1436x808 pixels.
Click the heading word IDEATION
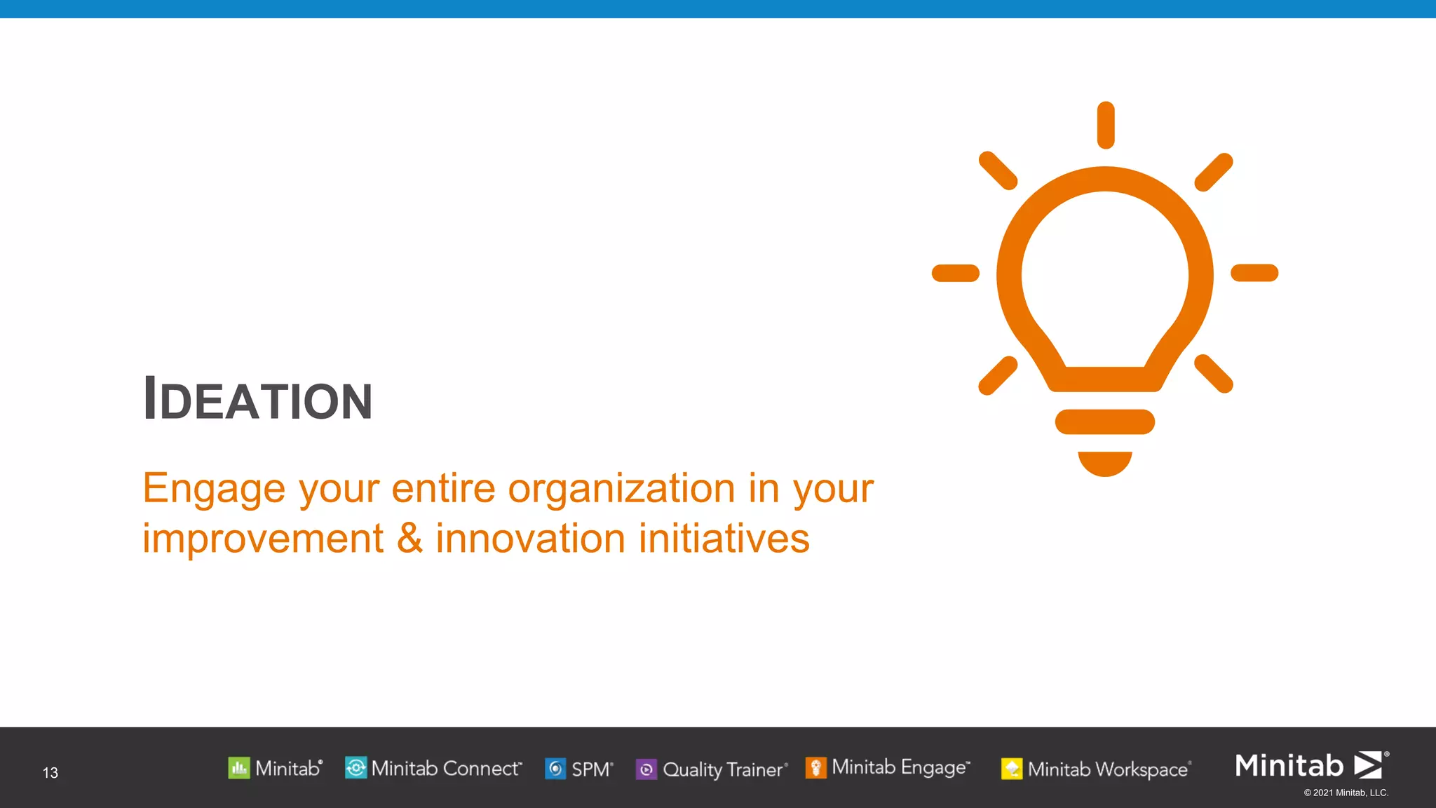(257, 400)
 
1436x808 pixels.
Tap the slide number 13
(50, 773)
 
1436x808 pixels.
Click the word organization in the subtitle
(621, 489)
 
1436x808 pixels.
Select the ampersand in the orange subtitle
(409, 539)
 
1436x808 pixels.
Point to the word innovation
(530, 539)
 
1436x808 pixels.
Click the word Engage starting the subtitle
(214, 489)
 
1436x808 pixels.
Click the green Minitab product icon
(238, 768)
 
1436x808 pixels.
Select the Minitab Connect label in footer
(446, 769)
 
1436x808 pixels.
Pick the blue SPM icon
(555, 769)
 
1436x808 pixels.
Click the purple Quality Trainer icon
(646, 769)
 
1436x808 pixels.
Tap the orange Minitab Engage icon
(815, 768)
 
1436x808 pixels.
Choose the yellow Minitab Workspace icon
(1011, 769)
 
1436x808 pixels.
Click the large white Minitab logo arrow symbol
(1368, 765)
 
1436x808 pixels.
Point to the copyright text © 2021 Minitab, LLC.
(1346, 793)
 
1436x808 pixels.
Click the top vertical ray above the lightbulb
(1106, 125)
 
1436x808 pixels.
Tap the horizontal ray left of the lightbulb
(955, 273)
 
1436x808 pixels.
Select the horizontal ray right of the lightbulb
(1254, 272)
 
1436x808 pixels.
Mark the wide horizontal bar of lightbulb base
(1105, 422)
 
